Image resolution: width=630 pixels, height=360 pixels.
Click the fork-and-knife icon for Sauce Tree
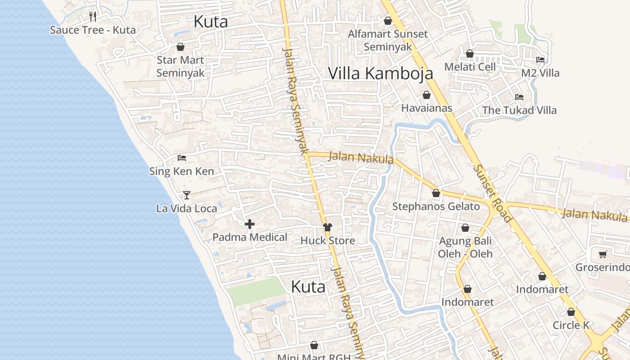(93, 17)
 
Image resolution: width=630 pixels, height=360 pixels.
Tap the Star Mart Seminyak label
(180, 66)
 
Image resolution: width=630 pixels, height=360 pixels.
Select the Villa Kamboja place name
(380, 73)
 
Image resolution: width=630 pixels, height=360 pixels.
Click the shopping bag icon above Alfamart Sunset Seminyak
(387, 21)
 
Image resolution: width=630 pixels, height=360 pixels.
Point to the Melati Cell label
(470, 67)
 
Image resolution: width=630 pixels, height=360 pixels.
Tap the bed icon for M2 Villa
(540, 59)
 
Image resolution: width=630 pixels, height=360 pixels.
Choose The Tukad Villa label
(519, 110)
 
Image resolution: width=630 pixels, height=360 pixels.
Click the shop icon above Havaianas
(426, 95)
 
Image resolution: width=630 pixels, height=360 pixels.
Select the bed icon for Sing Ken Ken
(182, 157)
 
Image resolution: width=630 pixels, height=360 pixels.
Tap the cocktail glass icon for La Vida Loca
(187, 195)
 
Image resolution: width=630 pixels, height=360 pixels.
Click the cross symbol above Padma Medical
(250, 224)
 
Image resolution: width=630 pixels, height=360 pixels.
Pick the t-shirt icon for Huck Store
(328, 227)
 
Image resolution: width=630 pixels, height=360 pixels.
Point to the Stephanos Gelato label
(436, 207)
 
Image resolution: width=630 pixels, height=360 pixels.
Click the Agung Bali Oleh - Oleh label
(465, 247)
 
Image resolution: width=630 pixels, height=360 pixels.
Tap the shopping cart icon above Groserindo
(603, 254)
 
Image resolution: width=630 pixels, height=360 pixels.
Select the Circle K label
(571, 325)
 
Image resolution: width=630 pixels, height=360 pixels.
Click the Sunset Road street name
(492, 193)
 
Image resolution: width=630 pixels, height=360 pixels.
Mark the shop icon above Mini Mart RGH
(314, 345)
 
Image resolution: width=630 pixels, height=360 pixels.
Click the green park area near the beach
(256, 291)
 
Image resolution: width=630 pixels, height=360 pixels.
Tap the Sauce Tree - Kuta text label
(93, 30)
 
